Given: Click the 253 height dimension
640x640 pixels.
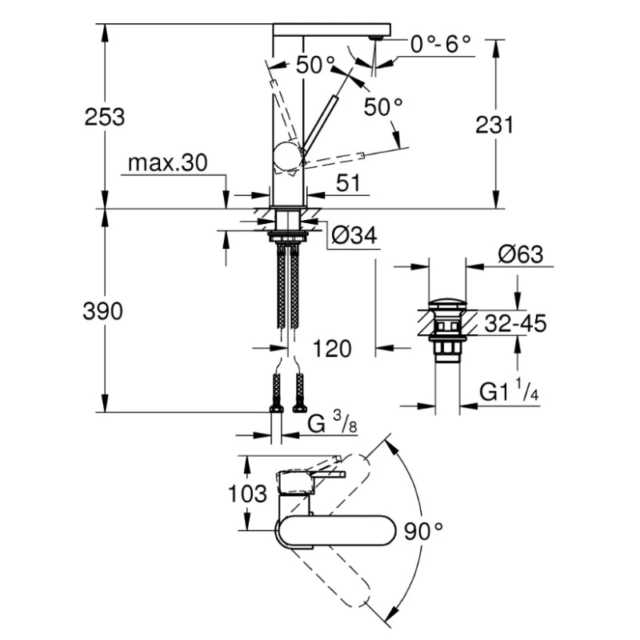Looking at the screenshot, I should [106, 117].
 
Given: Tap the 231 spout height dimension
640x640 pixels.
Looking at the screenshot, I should [494, 125].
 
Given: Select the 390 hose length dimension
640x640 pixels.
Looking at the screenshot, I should [104, 312].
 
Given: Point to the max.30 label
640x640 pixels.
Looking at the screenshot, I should [167, 164].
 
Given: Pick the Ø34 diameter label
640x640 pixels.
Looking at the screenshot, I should [353, 235].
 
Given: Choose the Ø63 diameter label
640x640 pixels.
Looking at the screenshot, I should [520, 254].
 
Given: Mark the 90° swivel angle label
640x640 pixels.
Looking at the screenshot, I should [423, 530].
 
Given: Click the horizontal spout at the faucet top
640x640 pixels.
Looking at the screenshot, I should [330, 30].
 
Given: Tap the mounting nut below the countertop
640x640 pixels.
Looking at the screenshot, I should [286, 235].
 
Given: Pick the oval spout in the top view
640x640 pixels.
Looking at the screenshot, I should [334, 532].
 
